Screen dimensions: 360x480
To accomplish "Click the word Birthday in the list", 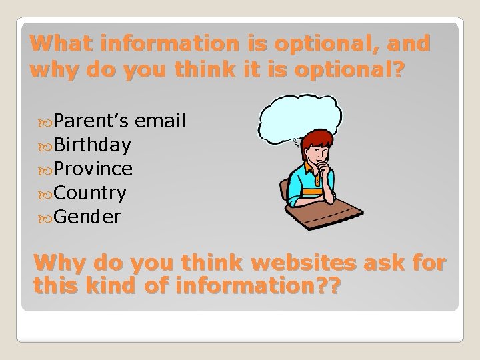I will tap(93, 145).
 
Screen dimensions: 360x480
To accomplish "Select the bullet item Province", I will tap(93, 169).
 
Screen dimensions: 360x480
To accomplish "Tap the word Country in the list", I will tap(90, 193).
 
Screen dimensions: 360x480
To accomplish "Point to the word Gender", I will tap(87, 217).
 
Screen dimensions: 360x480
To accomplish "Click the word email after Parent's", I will tap(160, 121).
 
